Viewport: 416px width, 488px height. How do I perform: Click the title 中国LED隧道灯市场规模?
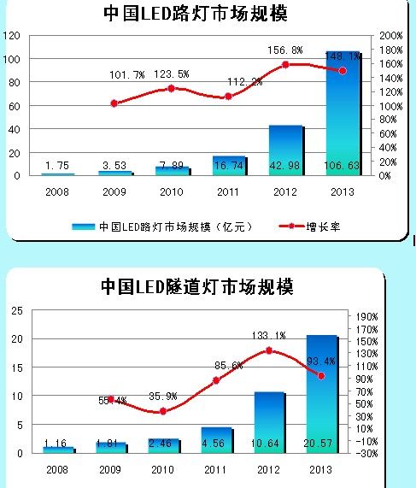click(196, 287)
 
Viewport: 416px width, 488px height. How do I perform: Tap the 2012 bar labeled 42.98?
click(285, 150)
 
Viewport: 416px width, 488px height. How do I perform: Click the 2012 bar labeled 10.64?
click(270, 422)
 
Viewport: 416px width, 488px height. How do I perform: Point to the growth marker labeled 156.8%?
click(285, 65)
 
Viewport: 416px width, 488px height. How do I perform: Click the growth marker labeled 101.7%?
click(114, 103)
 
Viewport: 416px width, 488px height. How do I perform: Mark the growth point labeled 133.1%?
click(268, 350)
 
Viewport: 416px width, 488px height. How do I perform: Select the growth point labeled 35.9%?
click(163, 411)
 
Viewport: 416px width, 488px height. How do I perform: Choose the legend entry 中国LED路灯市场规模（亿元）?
click(158, 226)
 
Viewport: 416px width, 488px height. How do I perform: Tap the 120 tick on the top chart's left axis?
click(11, 36)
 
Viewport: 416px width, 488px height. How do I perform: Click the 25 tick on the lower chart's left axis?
click(16, 311)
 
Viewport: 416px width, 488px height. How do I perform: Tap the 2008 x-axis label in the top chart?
click(57, 192)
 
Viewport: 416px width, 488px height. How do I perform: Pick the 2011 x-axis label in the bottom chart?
click(215, 470)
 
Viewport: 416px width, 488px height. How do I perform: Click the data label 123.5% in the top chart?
click(172, 75)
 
